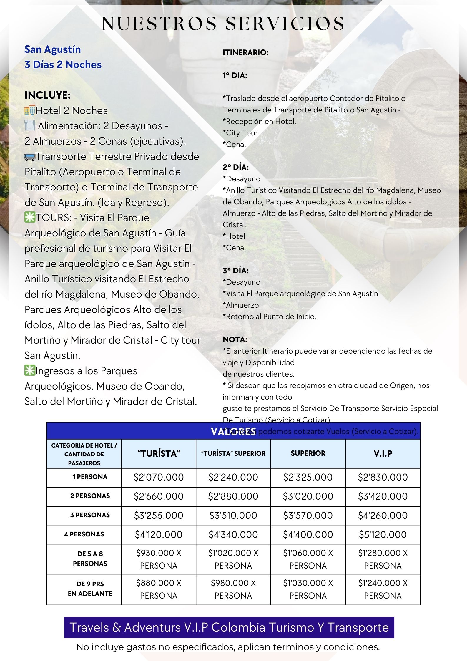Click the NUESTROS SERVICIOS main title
pyautogui.click(x=223, y=24)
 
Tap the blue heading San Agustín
pyautogui.click(x=53, y=49)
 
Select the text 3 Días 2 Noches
pyautogui.click(x=63, y=64)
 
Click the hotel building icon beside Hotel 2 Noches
pyautogui.click(x=30, y=110)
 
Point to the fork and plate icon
pyautogui.click(x=30, y=126)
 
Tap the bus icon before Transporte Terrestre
pyautogui.click(x=30, y=157)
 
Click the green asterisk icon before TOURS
pyautogui.click(x=30, y=218)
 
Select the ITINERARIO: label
pyautogui.click(x=245, y=52)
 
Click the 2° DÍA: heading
pyautogui.click(x=235, y=167)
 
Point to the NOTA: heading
pyautogui.click(x=235, y=339)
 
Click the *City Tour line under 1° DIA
pyautogui.click(x=240, y=133)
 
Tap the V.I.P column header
pyautogui.click(x=383, y=453)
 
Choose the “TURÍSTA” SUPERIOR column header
pyautogui.click(x=233, y=453)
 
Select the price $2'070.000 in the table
pyautogui.click(x=159, y=477)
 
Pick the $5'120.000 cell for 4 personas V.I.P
pyautogui.click(x=383, y=534)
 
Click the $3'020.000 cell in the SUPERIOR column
pyautogui.click(x=308, y=496)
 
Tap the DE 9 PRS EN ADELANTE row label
pyautogui.click(x=90, y=589)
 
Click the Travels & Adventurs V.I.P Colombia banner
pyautogui.click(x=229, y=627)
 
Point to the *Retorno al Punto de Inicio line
pyautogui.click(x=270, y=317)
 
